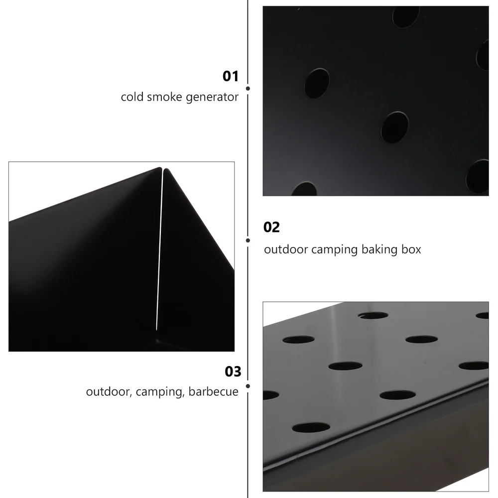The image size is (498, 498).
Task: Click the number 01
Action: click(231, 76)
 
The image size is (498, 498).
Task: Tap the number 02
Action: click(271, 228)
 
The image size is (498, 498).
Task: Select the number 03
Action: click(233, 372)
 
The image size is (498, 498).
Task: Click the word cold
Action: click(132, 97)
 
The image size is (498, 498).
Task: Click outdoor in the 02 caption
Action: click(286, 249)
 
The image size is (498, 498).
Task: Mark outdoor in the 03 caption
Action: click(107, 391)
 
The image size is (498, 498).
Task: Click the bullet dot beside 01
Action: click(248, 88)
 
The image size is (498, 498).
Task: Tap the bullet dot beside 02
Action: click(248, 240)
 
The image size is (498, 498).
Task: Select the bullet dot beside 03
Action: click(248, 385)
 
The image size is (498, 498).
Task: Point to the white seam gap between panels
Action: click(160, 249)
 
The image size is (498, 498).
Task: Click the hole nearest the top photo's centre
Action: click(394, 127)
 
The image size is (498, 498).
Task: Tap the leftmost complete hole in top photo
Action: click(317, 83)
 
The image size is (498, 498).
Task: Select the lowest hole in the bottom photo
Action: click(311, 427)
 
